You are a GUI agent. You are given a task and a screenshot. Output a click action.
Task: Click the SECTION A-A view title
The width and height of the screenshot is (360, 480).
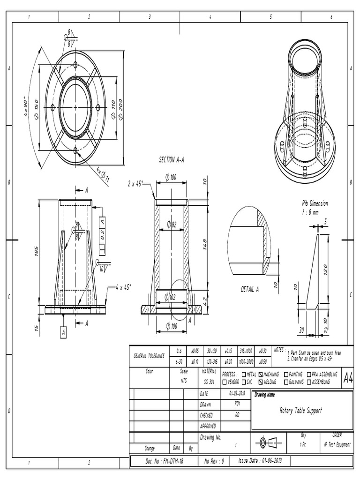pyautogui.click(x=172, y=160)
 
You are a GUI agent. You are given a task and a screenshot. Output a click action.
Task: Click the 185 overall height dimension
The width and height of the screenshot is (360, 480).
pyautogui.click(x=36, y=252)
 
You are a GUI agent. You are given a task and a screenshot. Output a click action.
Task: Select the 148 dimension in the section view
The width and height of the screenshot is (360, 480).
pyautogui.click(x=205, y=245)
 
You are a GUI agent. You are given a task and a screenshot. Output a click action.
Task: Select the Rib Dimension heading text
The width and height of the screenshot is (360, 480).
pyautogui.click(x=315, y=203)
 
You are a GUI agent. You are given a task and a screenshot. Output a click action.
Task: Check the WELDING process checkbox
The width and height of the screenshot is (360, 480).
pyautogui.click(x=261, y=382)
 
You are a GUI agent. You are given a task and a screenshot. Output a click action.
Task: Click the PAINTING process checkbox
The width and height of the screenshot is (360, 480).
pyautogui.click(x=286, y=374)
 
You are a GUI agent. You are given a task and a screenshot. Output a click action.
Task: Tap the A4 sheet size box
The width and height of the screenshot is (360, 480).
pyautogui.click(x=347, y=377)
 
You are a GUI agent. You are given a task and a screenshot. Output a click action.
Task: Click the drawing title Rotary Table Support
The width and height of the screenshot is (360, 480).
pyautogui.click(x=300, y=411)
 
